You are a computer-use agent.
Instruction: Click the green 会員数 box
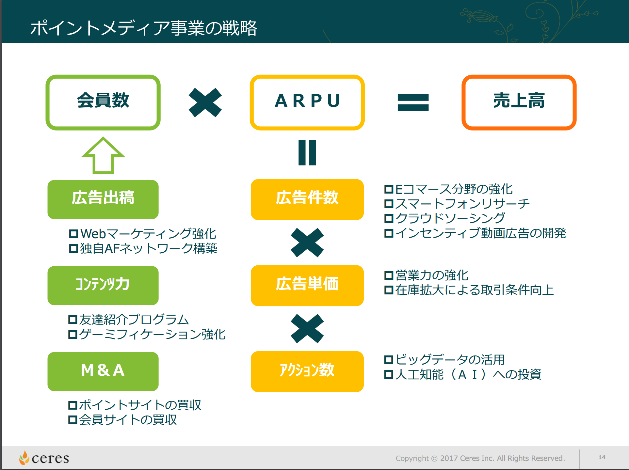103,102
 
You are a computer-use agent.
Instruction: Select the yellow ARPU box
307,102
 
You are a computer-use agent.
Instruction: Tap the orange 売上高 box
519,102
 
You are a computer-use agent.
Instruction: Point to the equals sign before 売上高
413,102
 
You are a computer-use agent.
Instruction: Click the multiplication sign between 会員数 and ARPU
205,102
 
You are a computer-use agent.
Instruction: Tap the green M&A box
103,371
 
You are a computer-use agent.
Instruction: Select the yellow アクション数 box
307,371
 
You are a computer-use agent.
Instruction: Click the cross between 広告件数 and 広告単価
307,243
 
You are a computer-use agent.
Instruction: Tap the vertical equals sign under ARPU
307,152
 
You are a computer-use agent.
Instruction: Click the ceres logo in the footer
44,458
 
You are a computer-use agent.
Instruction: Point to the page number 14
602,457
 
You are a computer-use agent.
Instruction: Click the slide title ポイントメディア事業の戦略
144,28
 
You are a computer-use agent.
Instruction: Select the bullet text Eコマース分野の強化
454,189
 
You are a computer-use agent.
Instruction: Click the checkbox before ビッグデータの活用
388,360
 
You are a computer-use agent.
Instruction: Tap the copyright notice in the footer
480,458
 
